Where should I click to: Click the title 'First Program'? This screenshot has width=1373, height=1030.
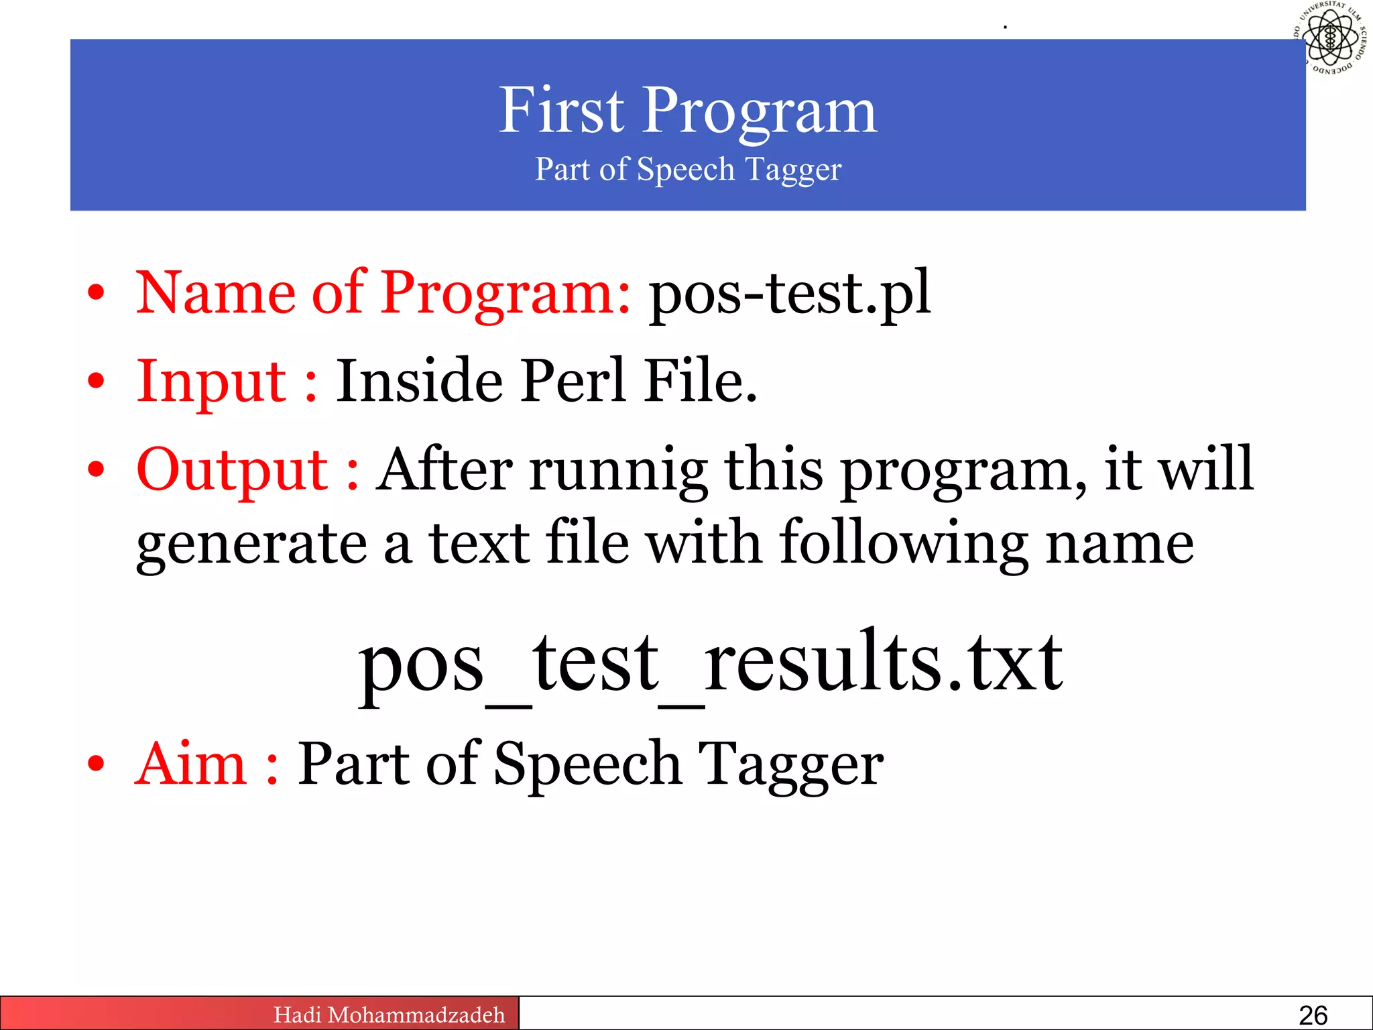coord(688,111)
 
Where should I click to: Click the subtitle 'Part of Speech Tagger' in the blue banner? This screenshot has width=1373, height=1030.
coord(688,169)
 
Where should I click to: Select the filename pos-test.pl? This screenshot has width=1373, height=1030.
coord(790,292)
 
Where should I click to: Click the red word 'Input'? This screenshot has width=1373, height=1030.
coord(212,381)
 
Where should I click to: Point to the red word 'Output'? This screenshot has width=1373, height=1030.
coord(232,469)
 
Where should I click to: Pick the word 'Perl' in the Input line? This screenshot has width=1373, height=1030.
coord(574,381)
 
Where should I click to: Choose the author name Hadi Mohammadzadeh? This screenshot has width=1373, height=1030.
coord(389,1015)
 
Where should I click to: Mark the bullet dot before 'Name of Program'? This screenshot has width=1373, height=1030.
coord(97,293)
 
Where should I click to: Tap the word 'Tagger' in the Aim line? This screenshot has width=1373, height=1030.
coord(790,764)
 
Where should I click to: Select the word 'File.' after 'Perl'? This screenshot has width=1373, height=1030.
coord(701,381)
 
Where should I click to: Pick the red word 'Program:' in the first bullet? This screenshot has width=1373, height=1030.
coord(506,293)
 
